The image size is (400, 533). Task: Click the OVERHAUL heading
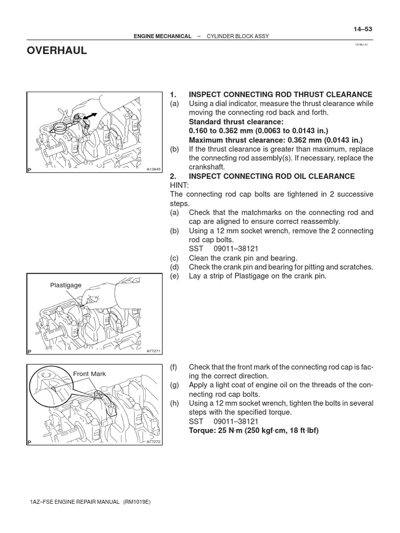click(57, 50)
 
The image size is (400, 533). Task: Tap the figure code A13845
click(154, 170)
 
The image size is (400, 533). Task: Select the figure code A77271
click(154, 351)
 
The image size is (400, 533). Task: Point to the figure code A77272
click(154, 441)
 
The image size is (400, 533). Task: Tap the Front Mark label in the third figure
click(89, 374)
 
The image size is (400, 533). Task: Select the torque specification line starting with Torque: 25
click(254, 430)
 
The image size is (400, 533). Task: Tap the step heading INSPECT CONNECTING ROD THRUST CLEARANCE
click(280, 94)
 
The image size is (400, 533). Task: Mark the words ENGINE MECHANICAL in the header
click(162, 36)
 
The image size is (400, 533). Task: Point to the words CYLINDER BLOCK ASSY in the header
click(238, 36)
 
